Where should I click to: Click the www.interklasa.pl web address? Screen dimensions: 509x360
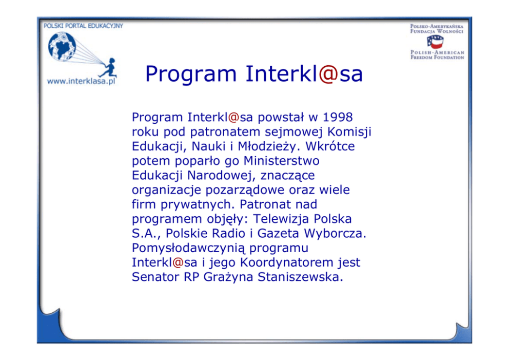coord(81,81)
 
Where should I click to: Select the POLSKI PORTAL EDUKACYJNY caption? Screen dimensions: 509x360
coord(83,26)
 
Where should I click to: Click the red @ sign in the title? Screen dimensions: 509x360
coord(329,74)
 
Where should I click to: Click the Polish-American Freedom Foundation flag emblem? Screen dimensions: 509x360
coord(435,42)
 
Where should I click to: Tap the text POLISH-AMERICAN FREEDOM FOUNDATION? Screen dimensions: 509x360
coord(437,54)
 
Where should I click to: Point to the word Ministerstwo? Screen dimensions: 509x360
coord(282,161)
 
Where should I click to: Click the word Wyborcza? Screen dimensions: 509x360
coord(335,233)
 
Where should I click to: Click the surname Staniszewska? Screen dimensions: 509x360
coord(300,277)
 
